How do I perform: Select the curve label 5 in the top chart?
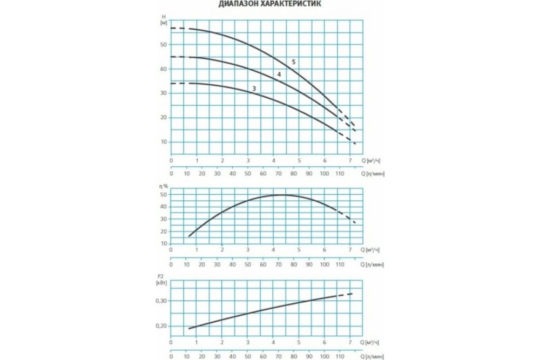tap(294, 63)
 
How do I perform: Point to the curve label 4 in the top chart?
tap(279, 74)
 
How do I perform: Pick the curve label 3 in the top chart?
tap(253, 88)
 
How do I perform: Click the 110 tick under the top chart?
tap(340, 174)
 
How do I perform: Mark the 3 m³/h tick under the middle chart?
tap(248, 249)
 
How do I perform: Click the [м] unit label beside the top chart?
tap(163, 23)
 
